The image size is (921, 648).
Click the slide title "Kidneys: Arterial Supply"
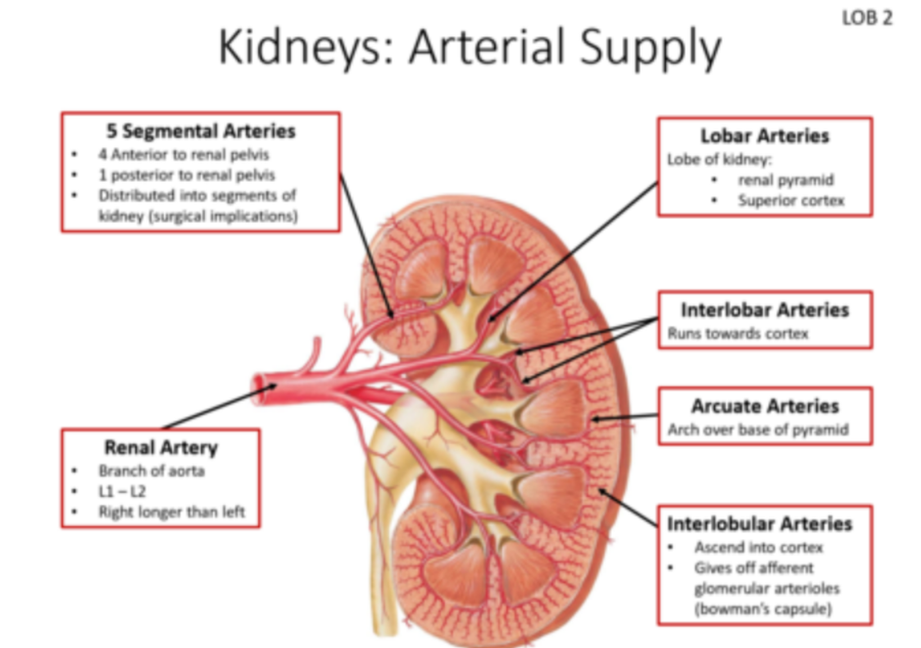tap(469, 48)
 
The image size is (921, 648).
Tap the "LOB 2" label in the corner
tap(866, 17)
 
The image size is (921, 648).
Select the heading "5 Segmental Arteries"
tap(200, 130)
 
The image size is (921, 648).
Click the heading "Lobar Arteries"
tap(764, 135)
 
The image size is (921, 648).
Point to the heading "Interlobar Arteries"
tap(764, 310)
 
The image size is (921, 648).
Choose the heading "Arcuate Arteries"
tap(764, 406)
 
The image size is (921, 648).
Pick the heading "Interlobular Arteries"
tap(759, 523)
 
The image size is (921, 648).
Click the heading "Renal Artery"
tap(161, 447)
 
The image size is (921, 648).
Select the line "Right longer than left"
tap(171, 512)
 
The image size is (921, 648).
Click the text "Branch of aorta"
tap(152, 471)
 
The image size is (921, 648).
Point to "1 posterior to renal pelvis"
tap(187, 175)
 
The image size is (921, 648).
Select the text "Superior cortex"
tap(790, 200)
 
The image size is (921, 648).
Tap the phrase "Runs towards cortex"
tap(737, 334)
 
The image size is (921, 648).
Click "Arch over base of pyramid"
tap(757, 429)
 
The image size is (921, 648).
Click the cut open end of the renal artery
tap(261, 382)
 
